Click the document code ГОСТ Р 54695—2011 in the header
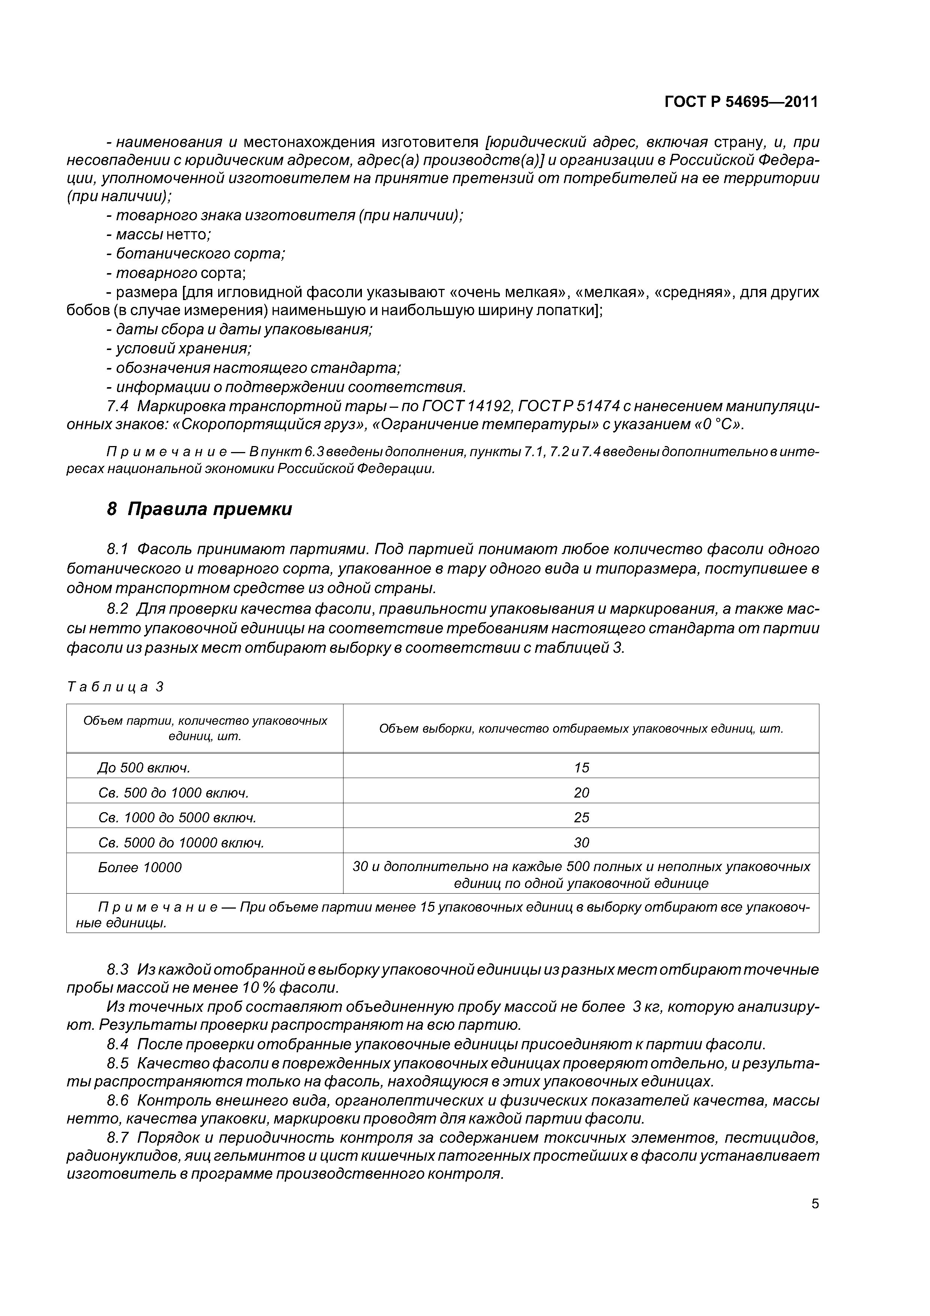pyautogui.click(x=741, y=102)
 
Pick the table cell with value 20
pyautogui.click(x=581, y=793)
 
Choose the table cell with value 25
pyautogui.click(x=581, y=817)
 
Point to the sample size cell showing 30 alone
pyautogui.click(x=581, y=843)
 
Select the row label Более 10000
pyautogui.click(x=140, y=868)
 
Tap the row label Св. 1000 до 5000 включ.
pyautogui.click(x=177, y=817)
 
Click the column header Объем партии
pyautogui.click(x=205, y=728)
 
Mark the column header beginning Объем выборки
pyautogui.click(x=580, y=729)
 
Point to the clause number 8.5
pyautogui.click(x=118, y=1063)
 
